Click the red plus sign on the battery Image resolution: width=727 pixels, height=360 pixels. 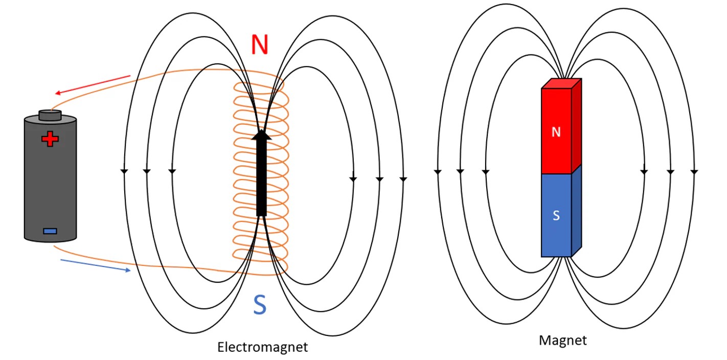[50, 139]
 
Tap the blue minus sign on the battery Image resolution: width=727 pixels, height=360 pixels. [50, 231]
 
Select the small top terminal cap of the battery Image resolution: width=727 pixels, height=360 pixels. [50, 115]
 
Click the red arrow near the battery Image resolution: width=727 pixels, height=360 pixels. [93, 85]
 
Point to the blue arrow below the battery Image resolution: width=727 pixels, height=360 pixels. [96, 265]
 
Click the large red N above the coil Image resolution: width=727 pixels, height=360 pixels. [260, 45]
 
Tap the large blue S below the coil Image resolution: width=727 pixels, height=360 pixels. [260, 305]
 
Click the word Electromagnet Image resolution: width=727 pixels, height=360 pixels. [263, 348]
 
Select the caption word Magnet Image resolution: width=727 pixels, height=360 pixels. [562, 340]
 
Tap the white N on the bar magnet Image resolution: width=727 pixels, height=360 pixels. [556, 132]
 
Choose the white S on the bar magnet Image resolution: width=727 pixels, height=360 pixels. [556, 215]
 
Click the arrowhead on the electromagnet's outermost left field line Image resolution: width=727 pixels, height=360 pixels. [124, 171]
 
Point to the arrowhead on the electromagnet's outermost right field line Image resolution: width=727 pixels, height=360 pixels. [403, 179]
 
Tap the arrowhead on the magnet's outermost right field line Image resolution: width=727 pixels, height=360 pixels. [694, 171]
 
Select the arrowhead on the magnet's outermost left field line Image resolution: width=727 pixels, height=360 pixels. [437, 171]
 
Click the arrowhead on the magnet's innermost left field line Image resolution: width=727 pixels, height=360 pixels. [485, 171]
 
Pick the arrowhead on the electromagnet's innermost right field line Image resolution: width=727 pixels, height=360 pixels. [352, 179]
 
